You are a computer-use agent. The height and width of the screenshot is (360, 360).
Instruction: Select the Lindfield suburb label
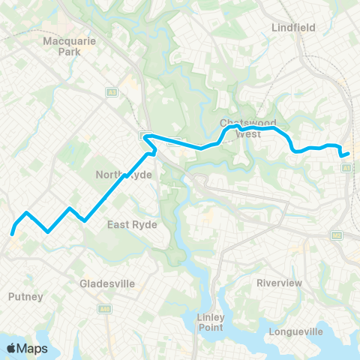(x=292, y=28)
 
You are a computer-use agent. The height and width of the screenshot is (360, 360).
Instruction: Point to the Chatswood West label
(x=248, y=128)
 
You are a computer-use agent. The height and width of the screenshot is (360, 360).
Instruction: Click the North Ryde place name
(x=124, y=175)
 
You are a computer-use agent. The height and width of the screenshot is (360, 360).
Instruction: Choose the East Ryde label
(x=129, y=224)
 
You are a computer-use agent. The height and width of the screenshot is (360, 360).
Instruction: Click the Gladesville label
(x=107, y=284)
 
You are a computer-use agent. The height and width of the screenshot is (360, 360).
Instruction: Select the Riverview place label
(x=279, y=283)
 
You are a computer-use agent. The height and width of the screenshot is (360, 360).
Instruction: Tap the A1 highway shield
(x=346, y=168)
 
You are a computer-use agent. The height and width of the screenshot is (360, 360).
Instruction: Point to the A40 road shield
(x=104, y=308)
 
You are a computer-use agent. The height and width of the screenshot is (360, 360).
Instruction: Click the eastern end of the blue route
(x=349, y=154)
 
